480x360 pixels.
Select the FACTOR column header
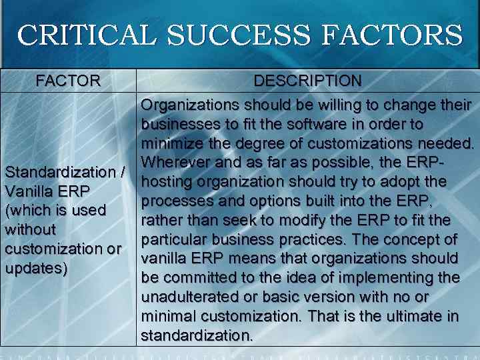pyautogui.click(x=68, y=81)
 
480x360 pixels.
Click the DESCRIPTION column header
pyautogui.click(x=307, y=81)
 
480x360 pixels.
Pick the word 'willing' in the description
pyautogui.click(x=335, y=106)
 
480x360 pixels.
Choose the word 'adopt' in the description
pyautogui.click(x=405, y=181)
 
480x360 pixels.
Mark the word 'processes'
pyautogui.click(x=173, y=201)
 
